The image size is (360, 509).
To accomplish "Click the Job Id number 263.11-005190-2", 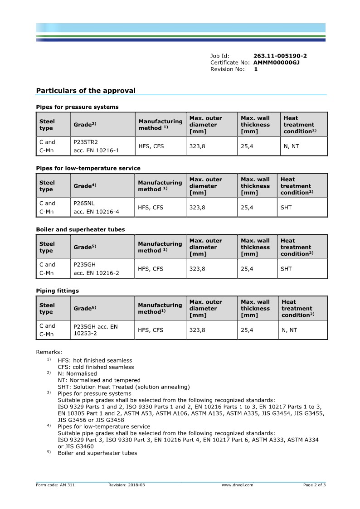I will pos(280,56).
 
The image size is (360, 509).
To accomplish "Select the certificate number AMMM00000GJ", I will pos(276,63).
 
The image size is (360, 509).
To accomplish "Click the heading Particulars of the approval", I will pos(86,91).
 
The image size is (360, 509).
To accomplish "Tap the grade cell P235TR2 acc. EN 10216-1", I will pos(96,146).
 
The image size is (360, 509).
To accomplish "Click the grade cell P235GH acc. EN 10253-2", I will pos(95,330).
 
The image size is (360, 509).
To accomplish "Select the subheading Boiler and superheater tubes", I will pos(80,229).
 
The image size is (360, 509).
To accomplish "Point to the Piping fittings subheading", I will pos(57,291).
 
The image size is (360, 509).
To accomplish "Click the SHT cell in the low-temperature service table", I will pos(286,208).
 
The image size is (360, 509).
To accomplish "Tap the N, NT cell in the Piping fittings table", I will pos(289,330).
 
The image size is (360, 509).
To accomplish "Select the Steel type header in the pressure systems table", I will pos(47,125).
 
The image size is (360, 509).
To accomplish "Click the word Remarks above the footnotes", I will pos(49,352).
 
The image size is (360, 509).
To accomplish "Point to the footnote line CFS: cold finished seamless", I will pos(96,367).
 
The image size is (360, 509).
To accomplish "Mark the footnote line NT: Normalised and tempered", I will pos(99,380).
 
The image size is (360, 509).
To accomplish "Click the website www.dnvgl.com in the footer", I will pos(237,485).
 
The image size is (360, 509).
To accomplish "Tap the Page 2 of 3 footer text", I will pos(314,485).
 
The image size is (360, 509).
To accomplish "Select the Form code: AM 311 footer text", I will pos(55,485).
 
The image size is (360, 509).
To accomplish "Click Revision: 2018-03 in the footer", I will pos(126,485).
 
